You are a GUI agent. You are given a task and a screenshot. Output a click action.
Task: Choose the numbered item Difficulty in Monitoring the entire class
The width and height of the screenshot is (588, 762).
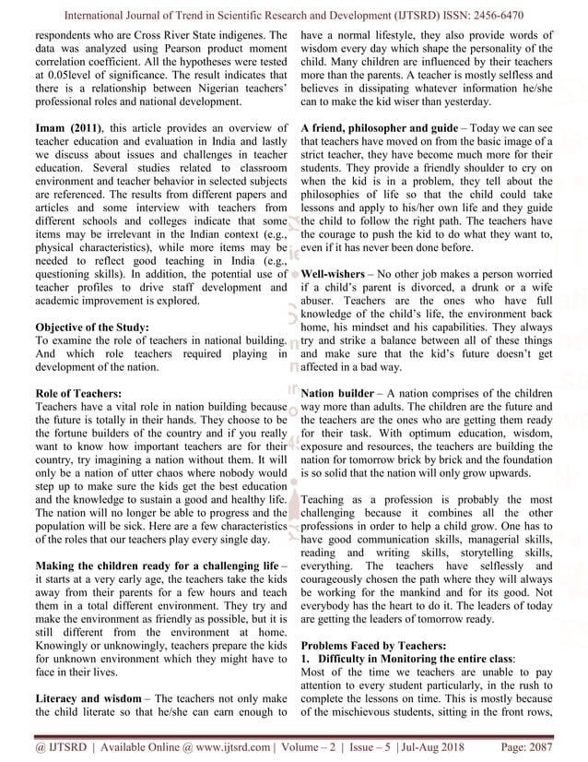pos(415,660)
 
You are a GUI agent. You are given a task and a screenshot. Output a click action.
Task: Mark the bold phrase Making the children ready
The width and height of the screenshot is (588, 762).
pos(114,562)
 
